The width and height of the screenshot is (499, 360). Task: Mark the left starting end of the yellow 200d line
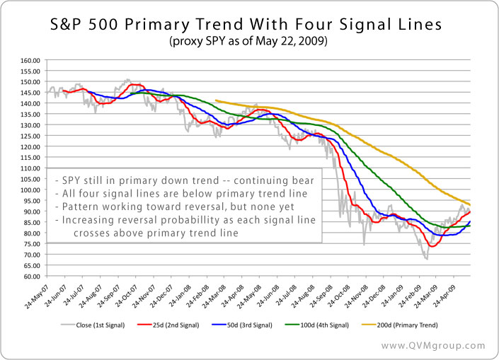pyautogui.click(x=214, y=100)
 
